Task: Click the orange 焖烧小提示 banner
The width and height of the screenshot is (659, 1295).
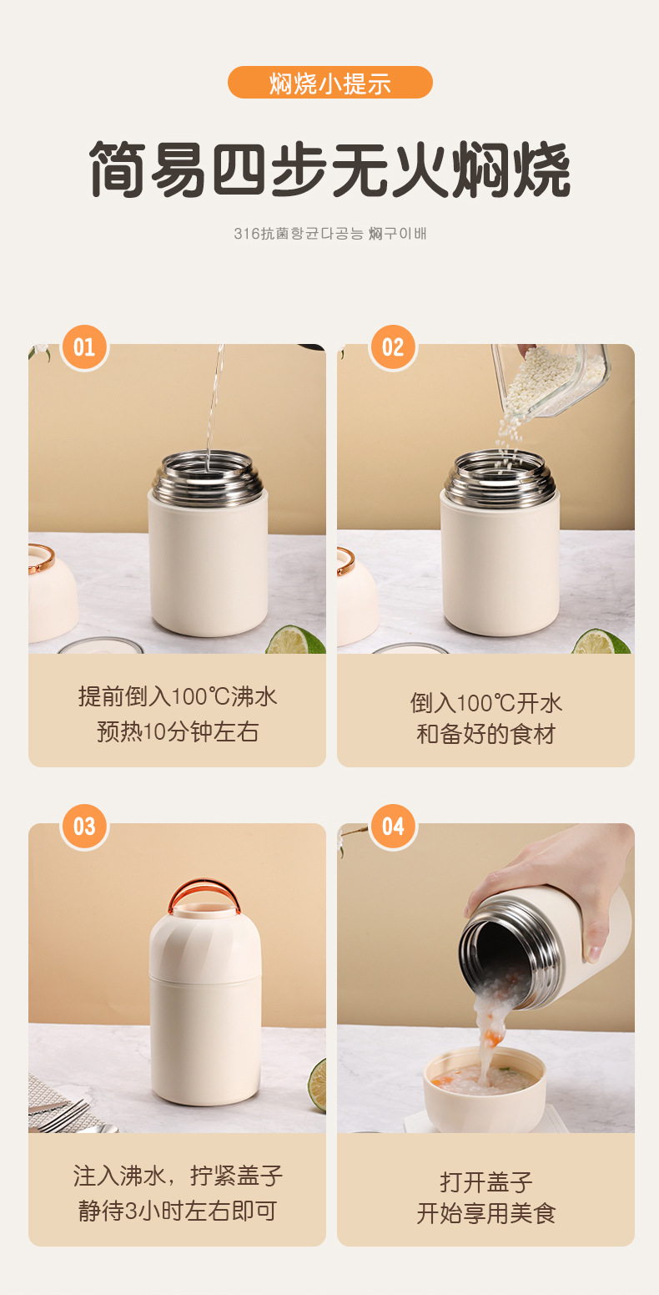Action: (329, 82)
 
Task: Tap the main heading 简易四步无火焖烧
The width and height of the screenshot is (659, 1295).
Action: (329, 170)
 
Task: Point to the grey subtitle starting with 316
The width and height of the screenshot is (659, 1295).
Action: (329, 234)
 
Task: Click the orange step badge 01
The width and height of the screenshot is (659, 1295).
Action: (84, 347)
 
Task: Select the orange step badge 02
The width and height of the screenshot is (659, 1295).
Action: (393, 347)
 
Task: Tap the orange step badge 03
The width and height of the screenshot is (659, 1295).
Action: (84, 826)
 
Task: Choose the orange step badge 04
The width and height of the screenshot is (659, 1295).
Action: (393, 826)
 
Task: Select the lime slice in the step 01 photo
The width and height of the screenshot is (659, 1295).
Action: (295, 640)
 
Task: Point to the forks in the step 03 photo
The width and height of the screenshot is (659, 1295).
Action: (67, 1116)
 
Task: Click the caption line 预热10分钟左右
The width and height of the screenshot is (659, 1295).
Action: (178, 732)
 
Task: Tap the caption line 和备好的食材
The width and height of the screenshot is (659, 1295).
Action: (485, 734)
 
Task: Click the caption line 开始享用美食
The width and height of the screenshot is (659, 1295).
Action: (485, 1213)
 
